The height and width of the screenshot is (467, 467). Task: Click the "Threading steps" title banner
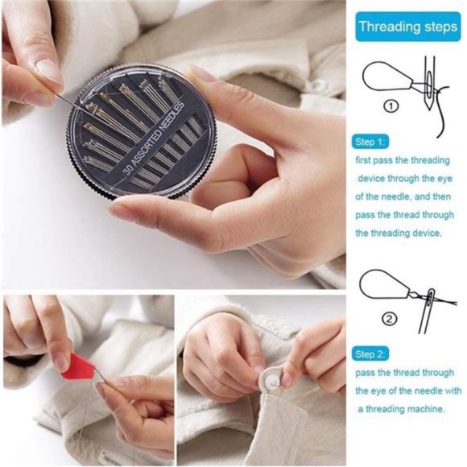tap(407, 27)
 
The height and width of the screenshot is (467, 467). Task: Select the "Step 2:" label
tap(371, 353)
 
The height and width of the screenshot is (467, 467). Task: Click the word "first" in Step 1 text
tap(365, 160)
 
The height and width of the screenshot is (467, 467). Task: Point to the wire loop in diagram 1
tap(384, 77)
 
